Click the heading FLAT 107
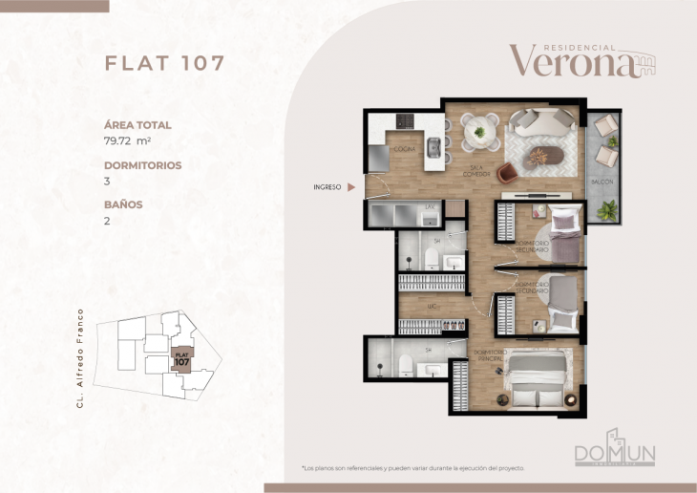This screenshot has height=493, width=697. (x=164, y=63)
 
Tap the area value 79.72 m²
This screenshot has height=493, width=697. (x=128, y=139)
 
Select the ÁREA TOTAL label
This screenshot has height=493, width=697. (x=137, y=124)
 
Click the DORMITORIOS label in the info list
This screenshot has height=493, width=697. (x=142, y=164)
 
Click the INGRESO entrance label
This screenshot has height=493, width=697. (x=327, y=187)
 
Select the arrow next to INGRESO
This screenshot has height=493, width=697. (x=352, y=187)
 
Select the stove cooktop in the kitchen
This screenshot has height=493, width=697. (x=405, y=120)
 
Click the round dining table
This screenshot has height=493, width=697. (x=478, y=132)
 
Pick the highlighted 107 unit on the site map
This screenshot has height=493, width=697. (x=181, y=360)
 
